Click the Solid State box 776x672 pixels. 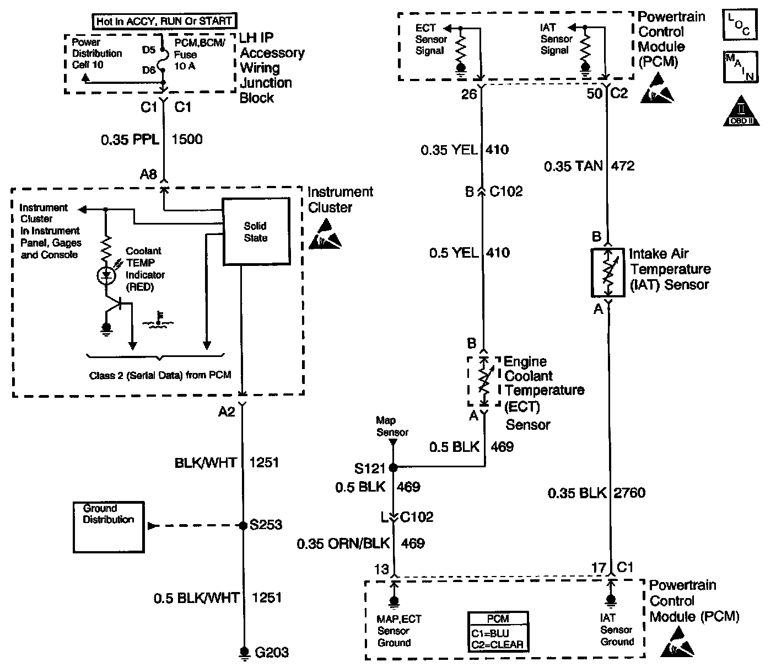(255, 232)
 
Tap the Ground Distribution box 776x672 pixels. (108, 526)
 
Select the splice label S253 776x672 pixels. (266, 525)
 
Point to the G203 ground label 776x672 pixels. (272, 653)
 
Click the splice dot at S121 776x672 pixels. (393, 468)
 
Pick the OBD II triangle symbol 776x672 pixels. (741, 111)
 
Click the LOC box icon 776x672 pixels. (739, 25)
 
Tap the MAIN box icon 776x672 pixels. (741, 67)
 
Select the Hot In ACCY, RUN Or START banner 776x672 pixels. (164, 22)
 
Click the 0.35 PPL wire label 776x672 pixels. (130, 140)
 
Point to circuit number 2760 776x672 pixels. (629, 493)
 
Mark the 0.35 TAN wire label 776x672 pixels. (573, 166)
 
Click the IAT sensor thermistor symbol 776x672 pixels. (607, 272)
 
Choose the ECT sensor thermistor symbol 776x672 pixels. (483, 381)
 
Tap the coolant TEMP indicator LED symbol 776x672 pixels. (106, 276)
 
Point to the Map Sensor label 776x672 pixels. (392, 426)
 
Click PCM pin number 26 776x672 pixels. (468, 94)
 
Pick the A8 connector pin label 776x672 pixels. (148, 175)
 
